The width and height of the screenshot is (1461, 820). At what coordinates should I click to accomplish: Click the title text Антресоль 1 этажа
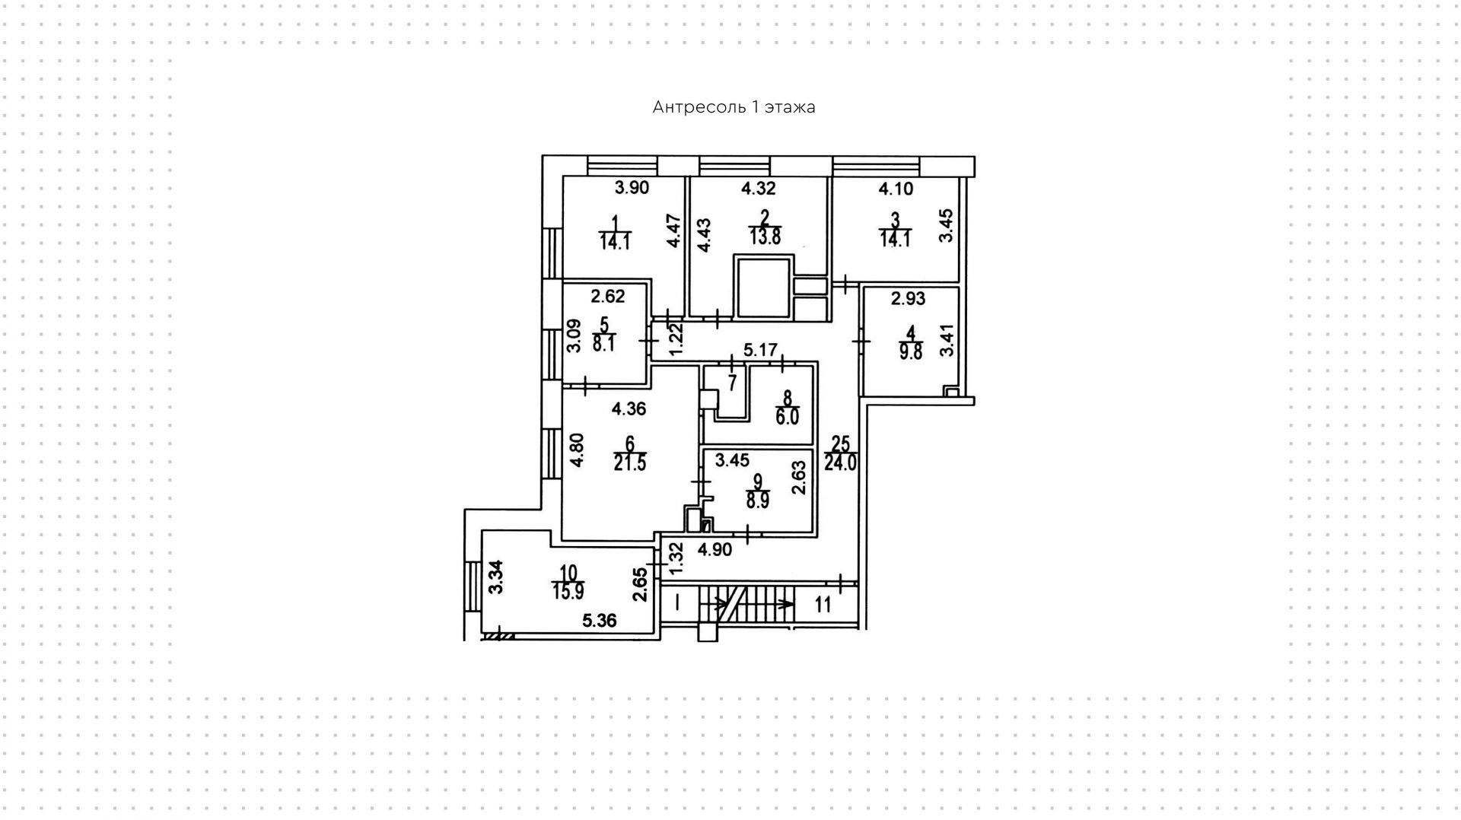[x=734, y=107]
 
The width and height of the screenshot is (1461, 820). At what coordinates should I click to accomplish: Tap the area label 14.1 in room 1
[x=615, y=243]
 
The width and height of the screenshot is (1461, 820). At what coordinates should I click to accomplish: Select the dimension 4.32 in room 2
[x=758, y=188]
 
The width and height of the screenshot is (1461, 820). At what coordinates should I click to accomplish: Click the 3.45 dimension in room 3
[x=945, y=226]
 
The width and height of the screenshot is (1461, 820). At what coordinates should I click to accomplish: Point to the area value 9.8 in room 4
[x=910, y=352]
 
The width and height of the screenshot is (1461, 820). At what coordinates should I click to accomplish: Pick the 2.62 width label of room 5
[x=608, y=297]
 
